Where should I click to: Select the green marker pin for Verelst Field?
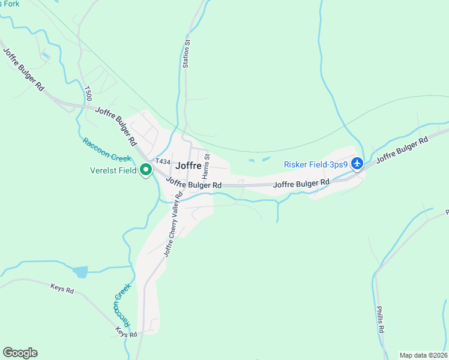[146, 170]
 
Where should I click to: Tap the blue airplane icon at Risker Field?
[357, 163]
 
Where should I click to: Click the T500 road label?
[88, 93]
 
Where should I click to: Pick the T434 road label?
[163, 162]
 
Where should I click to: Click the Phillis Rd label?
[381, 321]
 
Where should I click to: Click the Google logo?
[20, 353]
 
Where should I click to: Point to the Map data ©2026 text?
[423, 355]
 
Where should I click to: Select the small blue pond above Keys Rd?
[80, 272]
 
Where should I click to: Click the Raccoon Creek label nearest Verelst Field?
[107, 150]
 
